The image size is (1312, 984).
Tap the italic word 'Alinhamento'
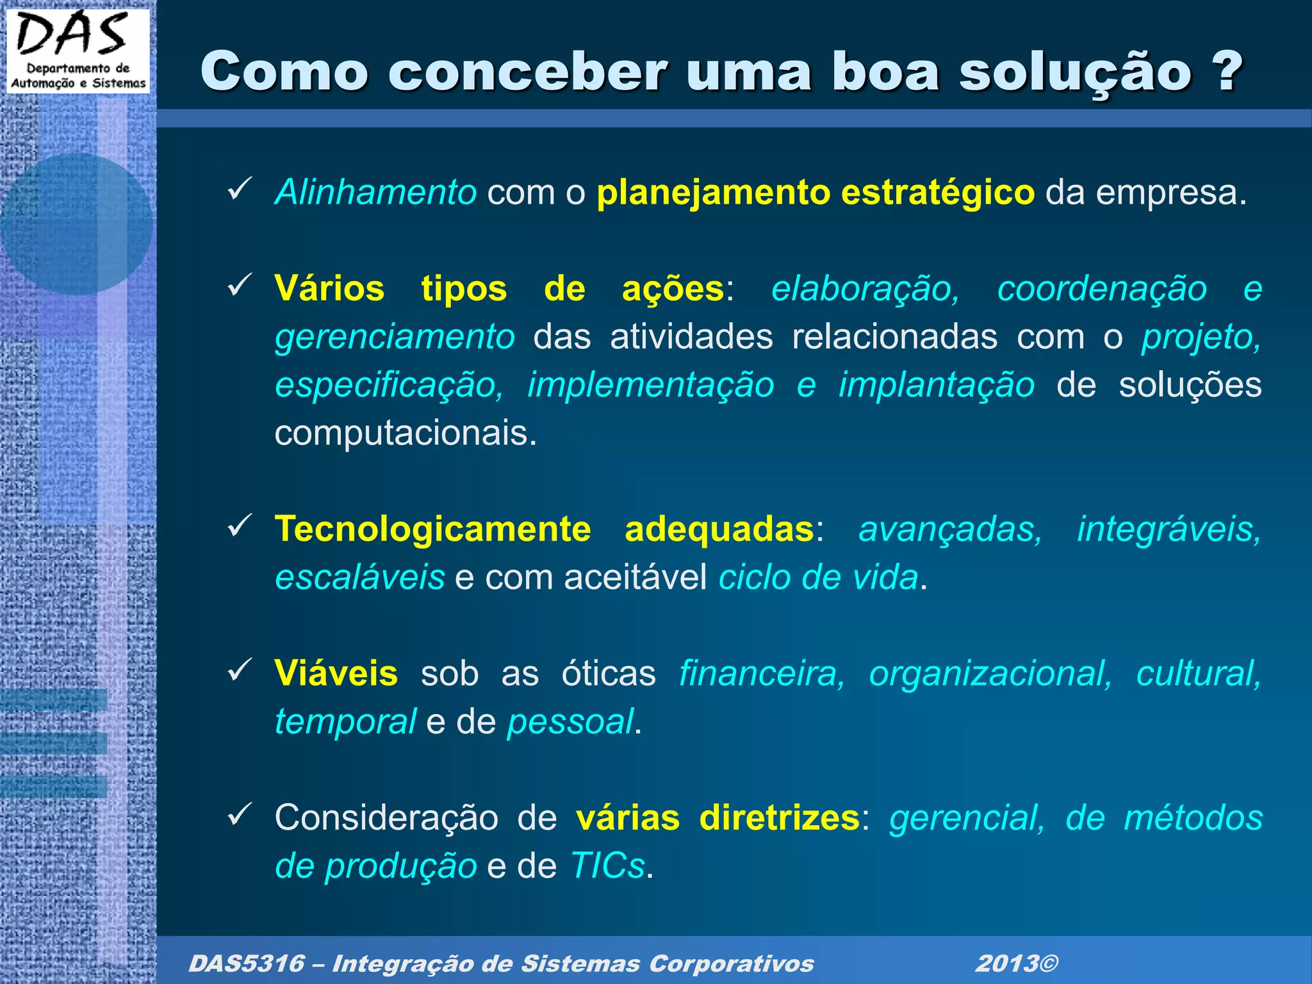pyautogui.click(x=375, y=192)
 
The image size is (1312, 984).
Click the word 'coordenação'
pyautogui.click(x=1101, y=288)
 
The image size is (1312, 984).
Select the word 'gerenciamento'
pyautogui.click(x=395, y=336)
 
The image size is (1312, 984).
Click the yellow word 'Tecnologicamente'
pyautogui.click(x=432, y=529)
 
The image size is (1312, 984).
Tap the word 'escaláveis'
pyautogui.click(x=359, y=577)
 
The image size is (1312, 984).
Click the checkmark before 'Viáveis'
pyautogui.click(x=240, y=670)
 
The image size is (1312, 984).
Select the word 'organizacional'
pyautogui.click(x=990, y=673)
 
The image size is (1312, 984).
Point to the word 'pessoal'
pyautogui.click(x=570, y=722)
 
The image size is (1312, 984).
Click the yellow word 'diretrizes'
pyautogui.click(x=778, y=818)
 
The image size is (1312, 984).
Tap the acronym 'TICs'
pyautogui.click(x=607, y=866)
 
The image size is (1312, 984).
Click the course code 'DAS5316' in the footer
pyautogui.click(x=246, y=963)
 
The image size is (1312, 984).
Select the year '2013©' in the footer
pyautogui.click(x=1016, y=963)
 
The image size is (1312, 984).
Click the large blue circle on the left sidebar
pyautogui.click(x=76, y=224)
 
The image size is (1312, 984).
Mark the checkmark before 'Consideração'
pyautogui.click(x=240, y=814)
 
